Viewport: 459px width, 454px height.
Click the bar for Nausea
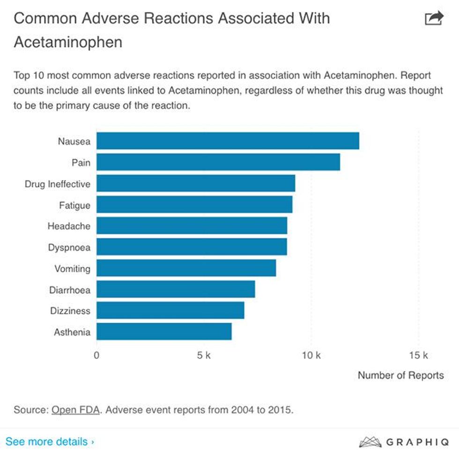pyautogui.click(x=228, y=141)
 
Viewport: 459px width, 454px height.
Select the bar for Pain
pyautogui.click(x=218, y=162)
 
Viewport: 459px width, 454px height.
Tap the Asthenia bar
pyautogui.click(x=164, y=332)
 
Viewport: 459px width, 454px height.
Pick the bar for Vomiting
pyautogui.click(x=186, y=268)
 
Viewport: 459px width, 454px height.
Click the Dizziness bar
pyautogui.click(x=170, y=310)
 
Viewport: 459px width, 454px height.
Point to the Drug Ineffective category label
pyautogui.click(x=57, y=184)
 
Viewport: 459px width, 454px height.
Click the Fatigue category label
pyautogui.click(x=74, y=205)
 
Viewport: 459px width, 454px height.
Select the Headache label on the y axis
pyautogui.click(x=69, y=226)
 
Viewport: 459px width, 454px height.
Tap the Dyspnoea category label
pyautogui.click(x=69, y=247)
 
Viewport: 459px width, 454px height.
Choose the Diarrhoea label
pyautogui.click(x=70, y=290)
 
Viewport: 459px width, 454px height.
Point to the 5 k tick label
pyautogui.click(x=204, y=355)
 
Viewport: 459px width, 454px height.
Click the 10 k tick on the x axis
pyautogui.click(x=311, y=355)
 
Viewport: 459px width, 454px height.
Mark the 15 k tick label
pyautogui.click(x=418, y=355)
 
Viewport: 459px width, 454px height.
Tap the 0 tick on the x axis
pyautogui.click(x=96, y=355)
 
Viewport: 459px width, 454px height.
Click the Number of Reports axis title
pyautogui.click(x=400, y=375)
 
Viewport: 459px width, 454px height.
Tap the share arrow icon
pyautogui.click(x=433, y=18)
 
